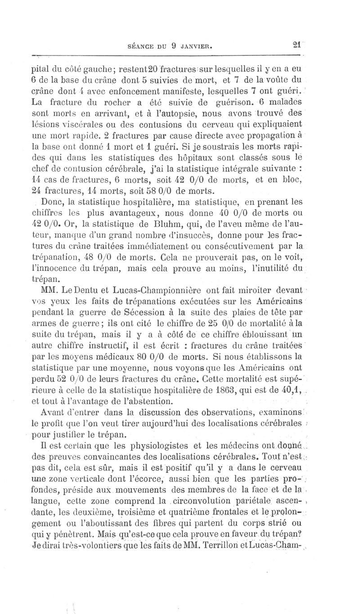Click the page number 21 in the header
[x=297, y=45]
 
